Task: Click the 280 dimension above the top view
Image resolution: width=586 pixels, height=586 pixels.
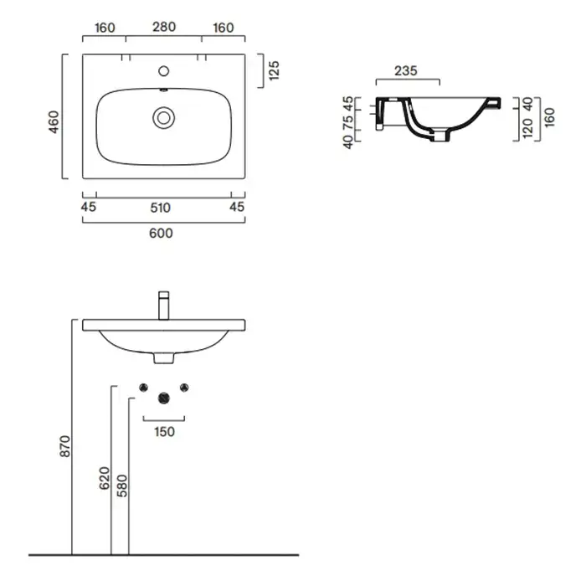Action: coord(164,27)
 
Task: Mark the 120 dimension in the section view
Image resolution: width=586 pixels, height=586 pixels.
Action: coord(527,128)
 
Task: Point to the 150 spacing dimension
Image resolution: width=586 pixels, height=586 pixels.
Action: coord(164,432)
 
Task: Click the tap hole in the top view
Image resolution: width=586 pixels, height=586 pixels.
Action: coord(164,69)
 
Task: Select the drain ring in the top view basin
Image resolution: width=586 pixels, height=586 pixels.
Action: coord(163,116)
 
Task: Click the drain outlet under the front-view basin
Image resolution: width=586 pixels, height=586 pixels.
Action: coord(164,358)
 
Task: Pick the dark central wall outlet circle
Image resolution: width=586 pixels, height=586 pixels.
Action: coord(164,398)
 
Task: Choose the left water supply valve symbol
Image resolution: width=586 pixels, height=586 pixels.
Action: coord(143,386)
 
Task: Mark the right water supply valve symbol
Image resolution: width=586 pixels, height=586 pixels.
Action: coord(185,386)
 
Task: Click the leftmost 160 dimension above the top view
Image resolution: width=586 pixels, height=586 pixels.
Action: coord(105,27)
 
